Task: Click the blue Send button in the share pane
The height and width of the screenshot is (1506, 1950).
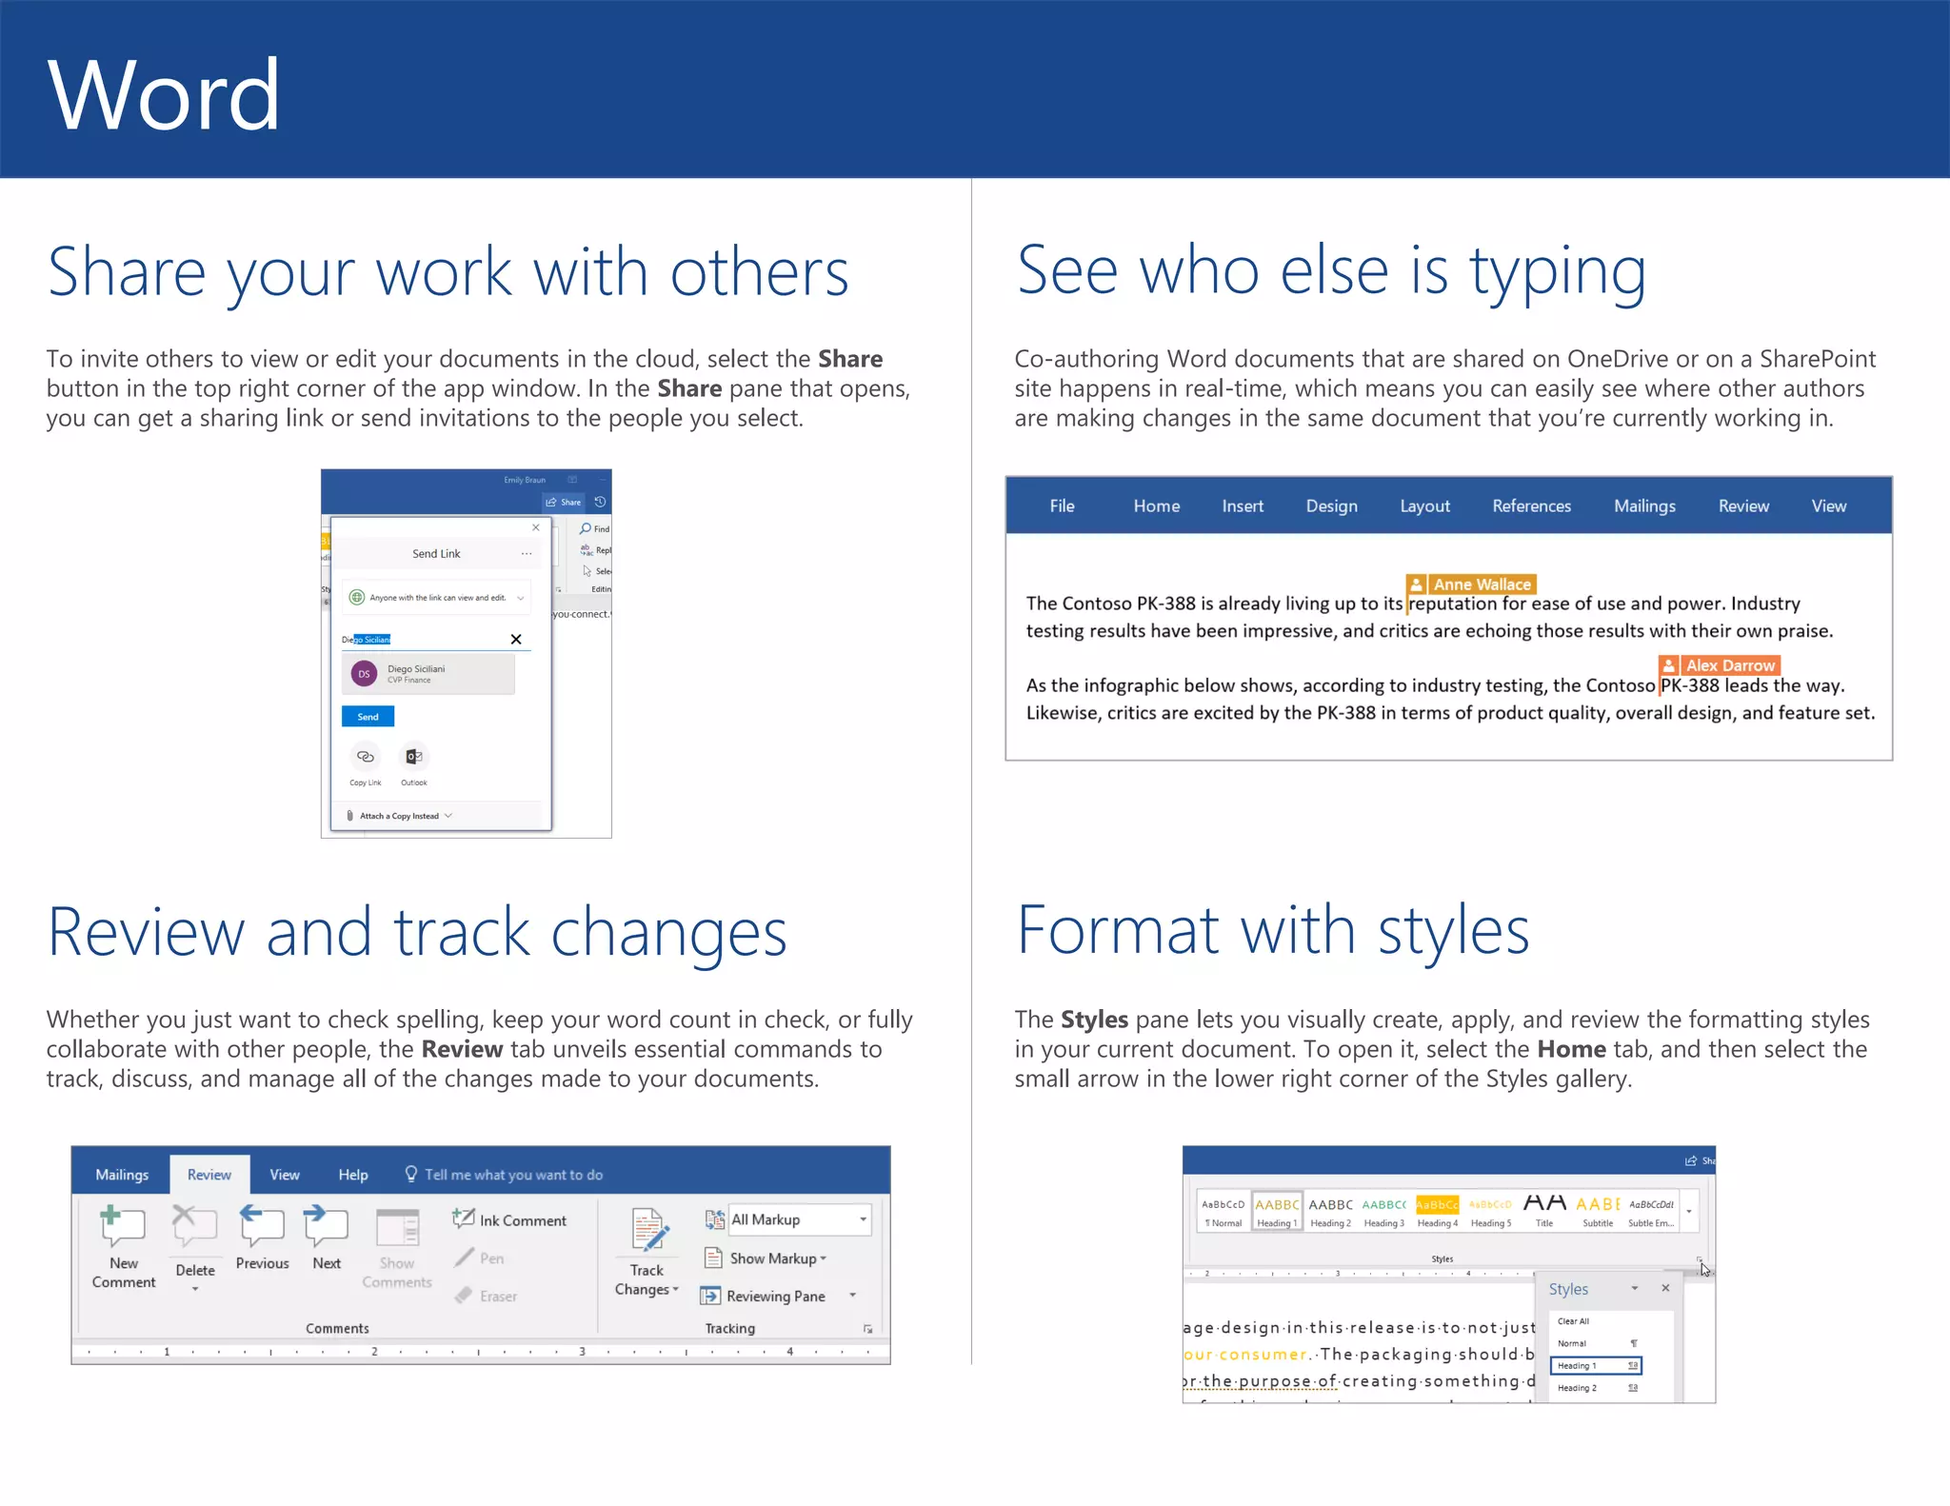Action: point(368,717)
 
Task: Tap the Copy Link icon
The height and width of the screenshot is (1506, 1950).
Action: point(365,758)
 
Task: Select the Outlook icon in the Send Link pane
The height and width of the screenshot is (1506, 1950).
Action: point(414,758)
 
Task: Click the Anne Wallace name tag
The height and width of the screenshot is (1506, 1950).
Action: point(1471,585)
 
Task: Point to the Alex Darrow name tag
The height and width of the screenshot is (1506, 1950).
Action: point(1720,665)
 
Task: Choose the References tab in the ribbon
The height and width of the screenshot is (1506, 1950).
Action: point(1531,506)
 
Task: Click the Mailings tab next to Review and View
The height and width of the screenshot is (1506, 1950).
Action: point(1644,506)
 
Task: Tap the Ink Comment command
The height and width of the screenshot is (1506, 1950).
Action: point(510,1220)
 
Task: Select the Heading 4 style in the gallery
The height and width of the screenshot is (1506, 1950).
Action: point(1437,1212)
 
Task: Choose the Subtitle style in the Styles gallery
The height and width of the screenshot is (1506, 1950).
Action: point(1598,1212)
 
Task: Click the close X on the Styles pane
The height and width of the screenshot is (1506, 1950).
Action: point(1665,1288)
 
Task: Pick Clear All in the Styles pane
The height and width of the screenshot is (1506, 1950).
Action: point(1573,1321)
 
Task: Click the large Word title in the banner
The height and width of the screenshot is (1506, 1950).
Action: point(164,94)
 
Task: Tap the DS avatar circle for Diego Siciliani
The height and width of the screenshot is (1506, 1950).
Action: point(364,674)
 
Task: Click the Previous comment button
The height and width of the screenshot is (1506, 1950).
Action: point(262,1238)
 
